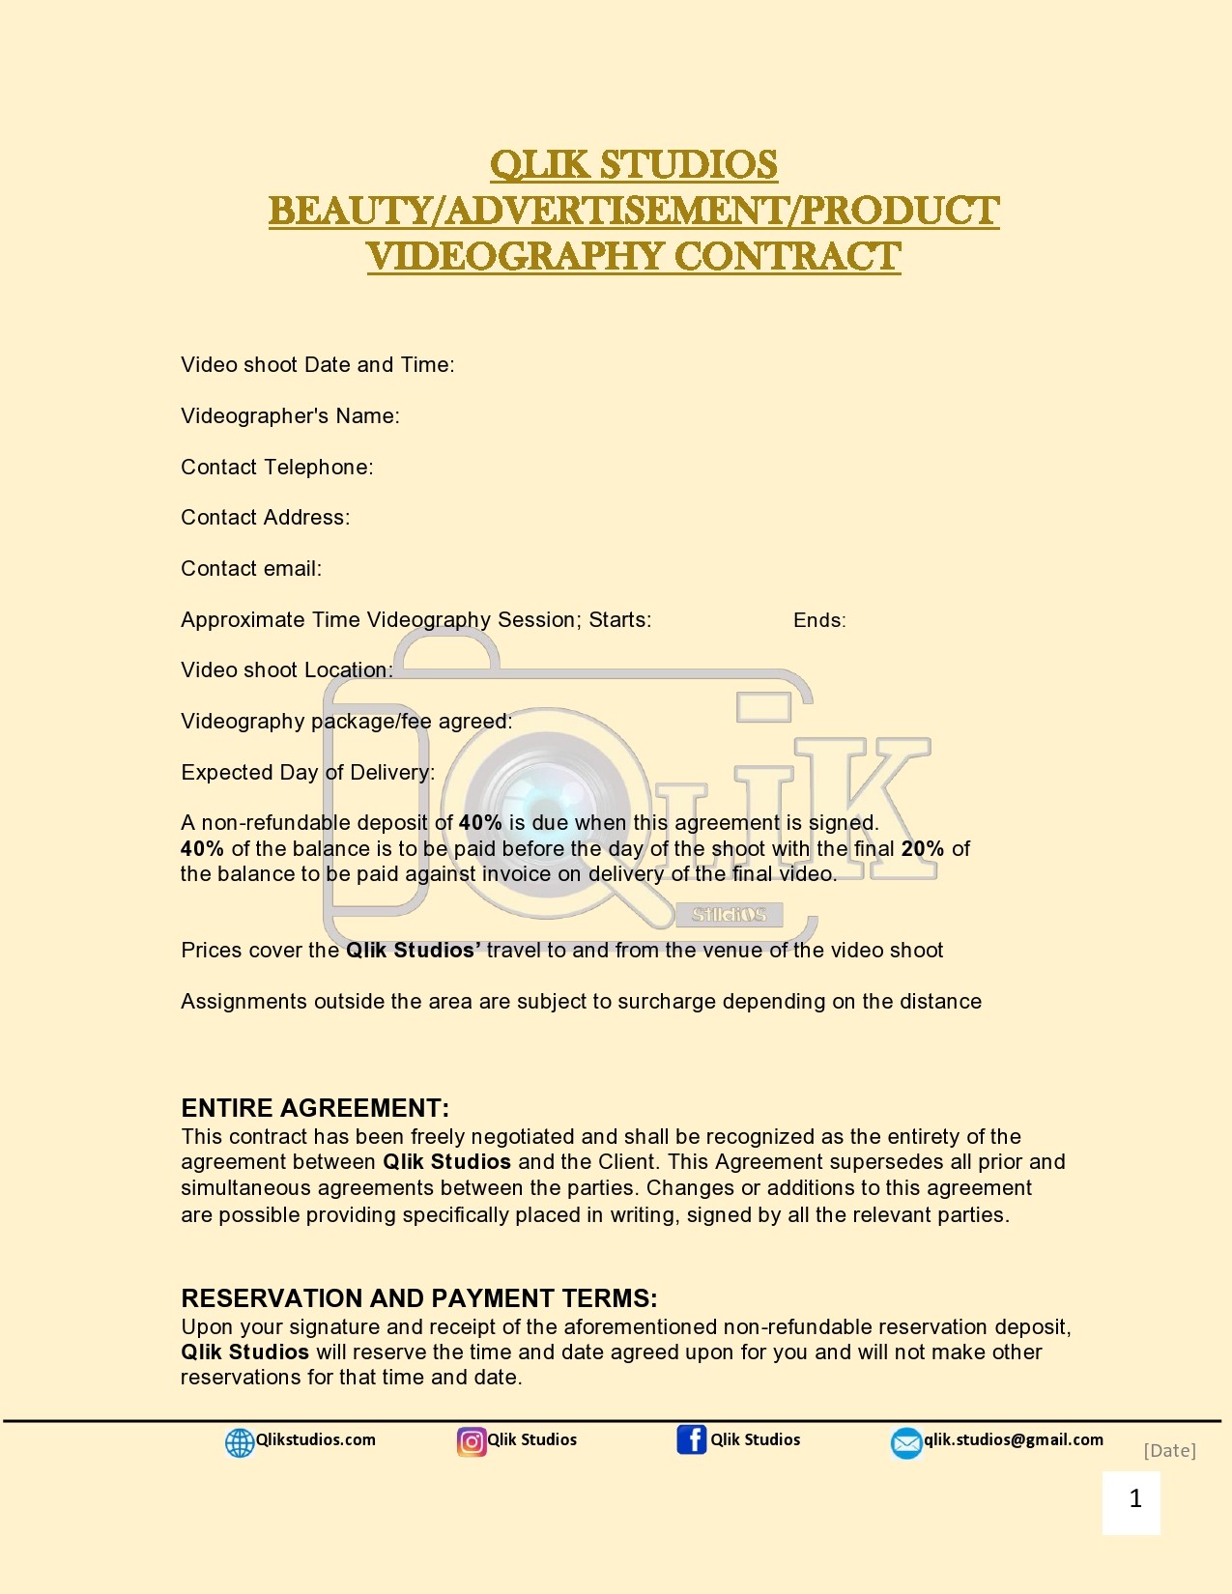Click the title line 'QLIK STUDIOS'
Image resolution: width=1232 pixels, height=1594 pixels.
pos(633,164)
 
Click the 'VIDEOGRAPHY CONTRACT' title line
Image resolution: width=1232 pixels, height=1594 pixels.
pos(633,257)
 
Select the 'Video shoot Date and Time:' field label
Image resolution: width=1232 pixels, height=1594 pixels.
pos(317,365)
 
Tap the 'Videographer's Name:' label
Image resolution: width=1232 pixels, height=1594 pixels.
pos(290,416)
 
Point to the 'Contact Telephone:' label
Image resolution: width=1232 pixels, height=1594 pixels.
pos(276,468)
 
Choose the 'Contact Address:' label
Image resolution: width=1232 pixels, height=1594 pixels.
pos(265,518)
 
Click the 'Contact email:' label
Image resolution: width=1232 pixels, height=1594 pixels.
pos(251,569)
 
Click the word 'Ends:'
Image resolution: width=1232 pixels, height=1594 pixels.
pos(819,620)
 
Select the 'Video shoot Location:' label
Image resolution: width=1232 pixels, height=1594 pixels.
pos(286,670)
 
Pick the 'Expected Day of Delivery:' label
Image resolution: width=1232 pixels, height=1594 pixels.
pos(307,773)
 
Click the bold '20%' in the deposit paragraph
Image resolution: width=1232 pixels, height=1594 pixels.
pos(922,849)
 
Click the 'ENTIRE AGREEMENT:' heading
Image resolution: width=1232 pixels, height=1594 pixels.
pos(315,1108)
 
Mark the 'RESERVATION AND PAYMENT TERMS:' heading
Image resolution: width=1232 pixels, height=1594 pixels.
pos(418,1298)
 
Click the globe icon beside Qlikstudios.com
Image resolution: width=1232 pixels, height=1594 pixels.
pos(239,1442)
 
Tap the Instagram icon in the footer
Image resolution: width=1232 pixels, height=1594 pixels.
pos(472,1441)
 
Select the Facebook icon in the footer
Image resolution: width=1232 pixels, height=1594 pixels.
pos(691,1439)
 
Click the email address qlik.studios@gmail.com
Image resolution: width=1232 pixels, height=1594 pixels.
pos(1013,1439)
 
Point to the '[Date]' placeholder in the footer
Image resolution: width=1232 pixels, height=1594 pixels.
pos(1169,1450)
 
